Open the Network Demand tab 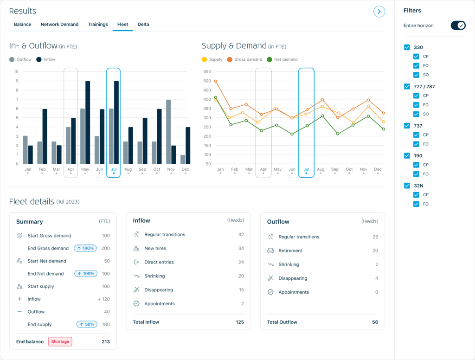pyautogui.click(x=59, y=25)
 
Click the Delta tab pyautogui.click(x=143, y=25)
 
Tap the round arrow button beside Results pyautogui.click(x=379, y=12)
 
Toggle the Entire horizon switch pyautogui.click(x=458, y=26)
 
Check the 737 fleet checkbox pyautogui.click(x=407, y=126)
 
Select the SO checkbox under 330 pyautogui.click(x=416, y=75)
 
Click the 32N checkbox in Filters pyautogui.click(x=407, y=186)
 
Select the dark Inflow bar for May pyautogui.click(x=88, y=122)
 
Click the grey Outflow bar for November pyautogui.click(x=168, y=132)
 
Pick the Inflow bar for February pyautogui.click(x=45, y=136)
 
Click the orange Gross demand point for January pyautogui.click(x=216, y=81)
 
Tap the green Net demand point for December pyautogui.click(x=383, y=129)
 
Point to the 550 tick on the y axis pyautogui.click(x=207, y=72)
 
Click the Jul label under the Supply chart pyautogui.click(x=306, y=169)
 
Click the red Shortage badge pyautogui.click(x=60, y=342)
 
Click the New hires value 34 pyautogui.click(x=241, y=248)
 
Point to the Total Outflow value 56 pyautogui.click(x=375, y=322)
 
